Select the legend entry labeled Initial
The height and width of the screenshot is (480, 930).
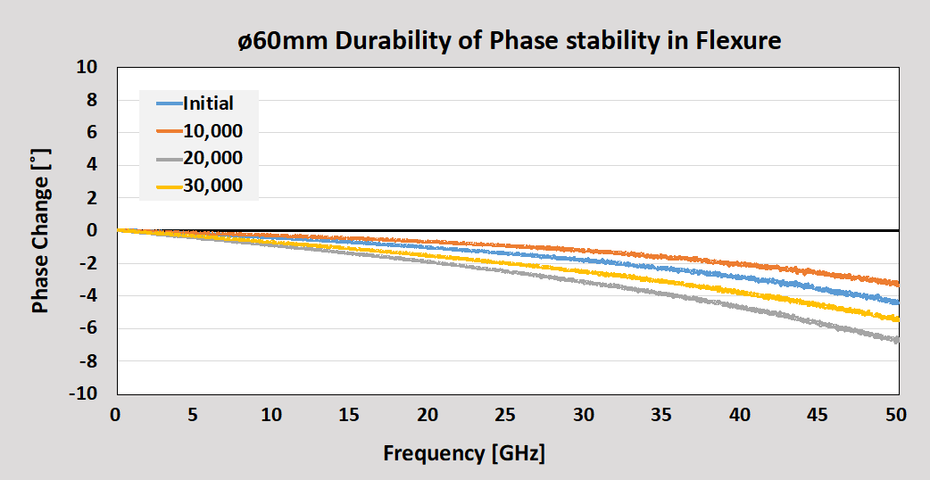point(208,103)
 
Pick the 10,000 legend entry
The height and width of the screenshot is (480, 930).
point(212,131)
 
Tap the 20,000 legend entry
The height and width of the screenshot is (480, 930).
point(212,158)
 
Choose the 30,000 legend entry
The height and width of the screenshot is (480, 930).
point(212,186)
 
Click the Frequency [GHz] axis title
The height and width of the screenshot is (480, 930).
point(464,452)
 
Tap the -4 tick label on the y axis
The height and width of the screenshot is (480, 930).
point(87,295)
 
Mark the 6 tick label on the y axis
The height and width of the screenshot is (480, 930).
point(92,132)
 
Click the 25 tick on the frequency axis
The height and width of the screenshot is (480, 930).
point(506,415)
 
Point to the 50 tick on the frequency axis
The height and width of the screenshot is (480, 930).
point(896,415)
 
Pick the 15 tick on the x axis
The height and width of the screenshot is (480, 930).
point(350,415)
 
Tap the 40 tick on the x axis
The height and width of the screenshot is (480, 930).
point(740,415)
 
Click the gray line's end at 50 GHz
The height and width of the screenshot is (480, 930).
point(897,340)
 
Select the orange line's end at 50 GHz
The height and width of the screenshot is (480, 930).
point(897,284)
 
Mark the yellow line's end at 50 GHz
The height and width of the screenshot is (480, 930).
point(897,319)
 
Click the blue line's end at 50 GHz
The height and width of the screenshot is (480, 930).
point(897,302)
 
